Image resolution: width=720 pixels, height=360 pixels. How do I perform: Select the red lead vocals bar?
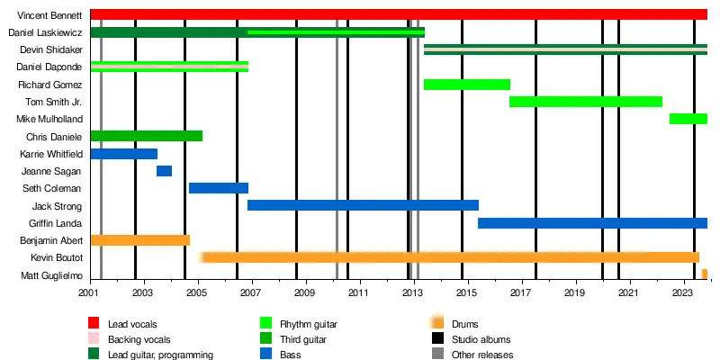coord(396,14)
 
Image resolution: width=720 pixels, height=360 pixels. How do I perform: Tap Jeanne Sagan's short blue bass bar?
coord(164,171)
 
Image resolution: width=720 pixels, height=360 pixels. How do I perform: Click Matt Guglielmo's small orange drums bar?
coord(705,274)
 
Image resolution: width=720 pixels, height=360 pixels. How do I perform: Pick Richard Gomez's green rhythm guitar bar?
coord(466,85)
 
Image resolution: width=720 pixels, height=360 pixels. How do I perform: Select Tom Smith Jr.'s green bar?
coord(585,102)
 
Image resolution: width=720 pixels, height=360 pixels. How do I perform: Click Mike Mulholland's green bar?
coord(688,119)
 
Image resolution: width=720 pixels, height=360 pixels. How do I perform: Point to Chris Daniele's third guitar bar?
coord(146,136)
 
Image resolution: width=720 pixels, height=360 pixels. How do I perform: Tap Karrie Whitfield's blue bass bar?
coord(123,154)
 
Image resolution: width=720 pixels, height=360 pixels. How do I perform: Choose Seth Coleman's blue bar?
coord(218,188)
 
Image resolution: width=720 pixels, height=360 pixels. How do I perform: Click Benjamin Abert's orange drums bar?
coord(139,240)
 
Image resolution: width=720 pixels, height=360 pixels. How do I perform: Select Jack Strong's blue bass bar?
coord(362,205)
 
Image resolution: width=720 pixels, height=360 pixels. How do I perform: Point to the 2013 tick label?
coord(413,293)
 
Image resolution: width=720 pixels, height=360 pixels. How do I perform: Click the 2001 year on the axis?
coord(90,293)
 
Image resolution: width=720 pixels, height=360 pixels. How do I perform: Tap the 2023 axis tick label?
coord(683,293)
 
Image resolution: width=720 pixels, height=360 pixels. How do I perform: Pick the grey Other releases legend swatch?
coord(438,355)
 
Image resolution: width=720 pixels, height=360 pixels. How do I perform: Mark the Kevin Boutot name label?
coord(58,257)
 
